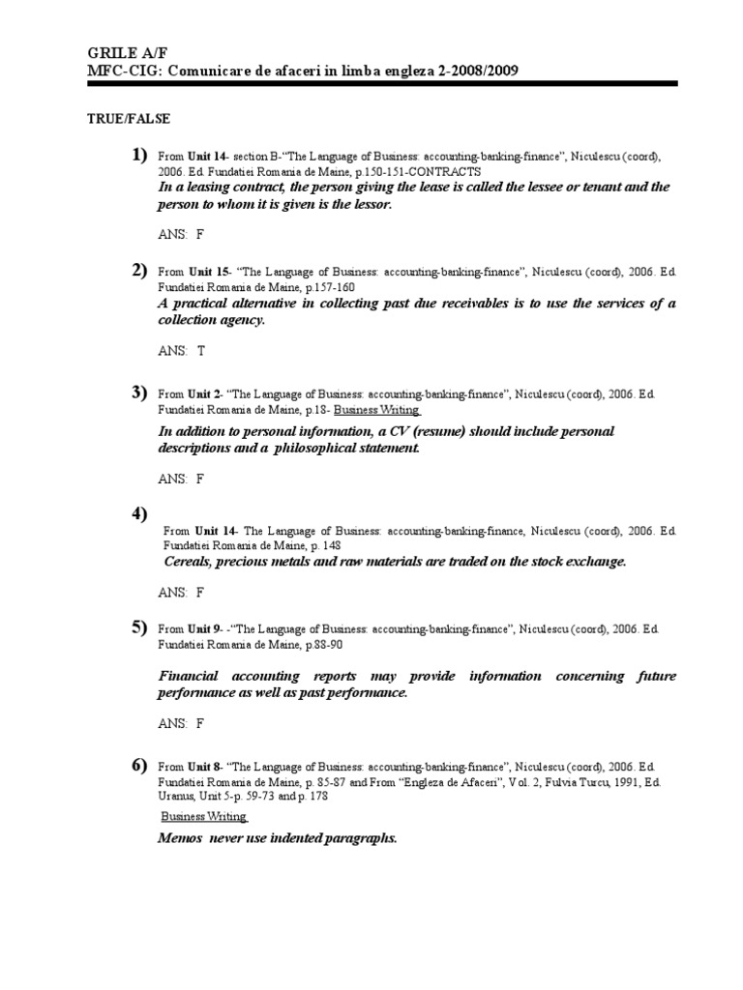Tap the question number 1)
point(139,156)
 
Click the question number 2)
point(139,270)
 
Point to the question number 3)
point(139,392)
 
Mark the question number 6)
point(139,765)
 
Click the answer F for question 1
point(200,234)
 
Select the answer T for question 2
point(201,351)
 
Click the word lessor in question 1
point(371,205)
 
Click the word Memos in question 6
point(179,838)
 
